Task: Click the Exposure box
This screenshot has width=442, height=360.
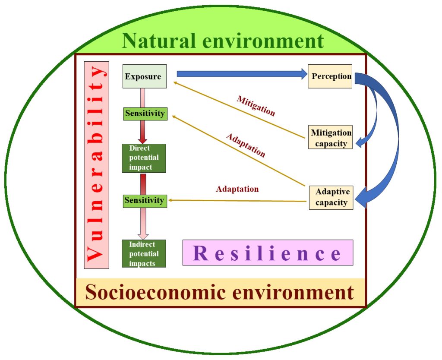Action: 145,76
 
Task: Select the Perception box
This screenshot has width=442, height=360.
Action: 330,76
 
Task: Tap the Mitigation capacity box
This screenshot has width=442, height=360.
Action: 330,137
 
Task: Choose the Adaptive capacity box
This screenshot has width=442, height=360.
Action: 331,198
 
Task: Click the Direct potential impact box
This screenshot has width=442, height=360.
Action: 144,158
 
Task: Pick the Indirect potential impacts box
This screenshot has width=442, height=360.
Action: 144,253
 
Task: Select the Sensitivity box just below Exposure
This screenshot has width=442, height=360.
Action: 145,114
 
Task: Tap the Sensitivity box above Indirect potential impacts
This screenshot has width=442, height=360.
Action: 145,201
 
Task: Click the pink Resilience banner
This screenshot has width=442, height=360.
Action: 268,253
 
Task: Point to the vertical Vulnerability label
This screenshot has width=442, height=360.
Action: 97,165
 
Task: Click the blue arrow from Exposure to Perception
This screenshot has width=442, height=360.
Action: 242,74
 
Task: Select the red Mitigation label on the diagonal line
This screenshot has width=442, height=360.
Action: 256,106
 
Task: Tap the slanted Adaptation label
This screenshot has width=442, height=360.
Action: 246,145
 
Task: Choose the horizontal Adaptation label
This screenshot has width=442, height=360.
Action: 237,189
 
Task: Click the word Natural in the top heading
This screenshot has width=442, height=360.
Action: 159,41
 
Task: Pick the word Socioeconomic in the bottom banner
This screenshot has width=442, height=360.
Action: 155,292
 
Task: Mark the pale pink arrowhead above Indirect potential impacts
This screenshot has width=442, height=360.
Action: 143,236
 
